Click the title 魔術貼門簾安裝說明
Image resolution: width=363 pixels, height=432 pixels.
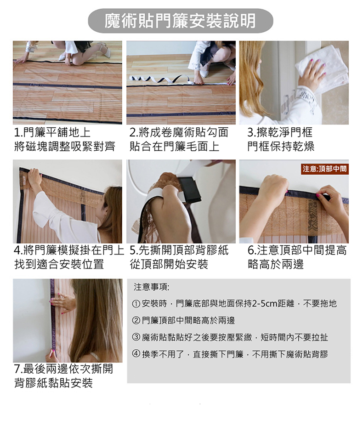click(180, 21)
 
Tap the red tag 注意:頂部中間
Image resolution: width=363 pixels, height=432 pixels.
click(325, 169)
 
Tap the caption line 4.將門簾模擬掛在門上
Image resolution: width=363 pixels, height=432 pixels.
click(69, 251)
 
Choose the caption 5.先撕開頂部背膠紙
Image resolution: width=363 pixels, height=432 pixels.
click(179, 251)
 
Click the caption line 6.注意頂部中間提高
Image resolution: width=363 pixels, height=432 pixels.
click(297, 251)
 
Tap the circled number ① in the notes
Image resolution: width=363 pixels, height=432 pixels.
click(136, 304)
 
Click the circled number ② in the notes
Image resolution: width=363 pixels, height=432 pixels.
click(136, 320)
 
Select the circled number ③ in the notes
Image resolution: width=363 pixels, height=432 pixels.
click(136, 337)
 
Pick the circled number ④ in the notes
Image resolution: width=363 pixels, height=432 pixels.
click(136, 354)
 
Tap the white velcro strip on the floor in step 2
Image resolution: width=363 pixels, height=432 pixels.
click(161, 80)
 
